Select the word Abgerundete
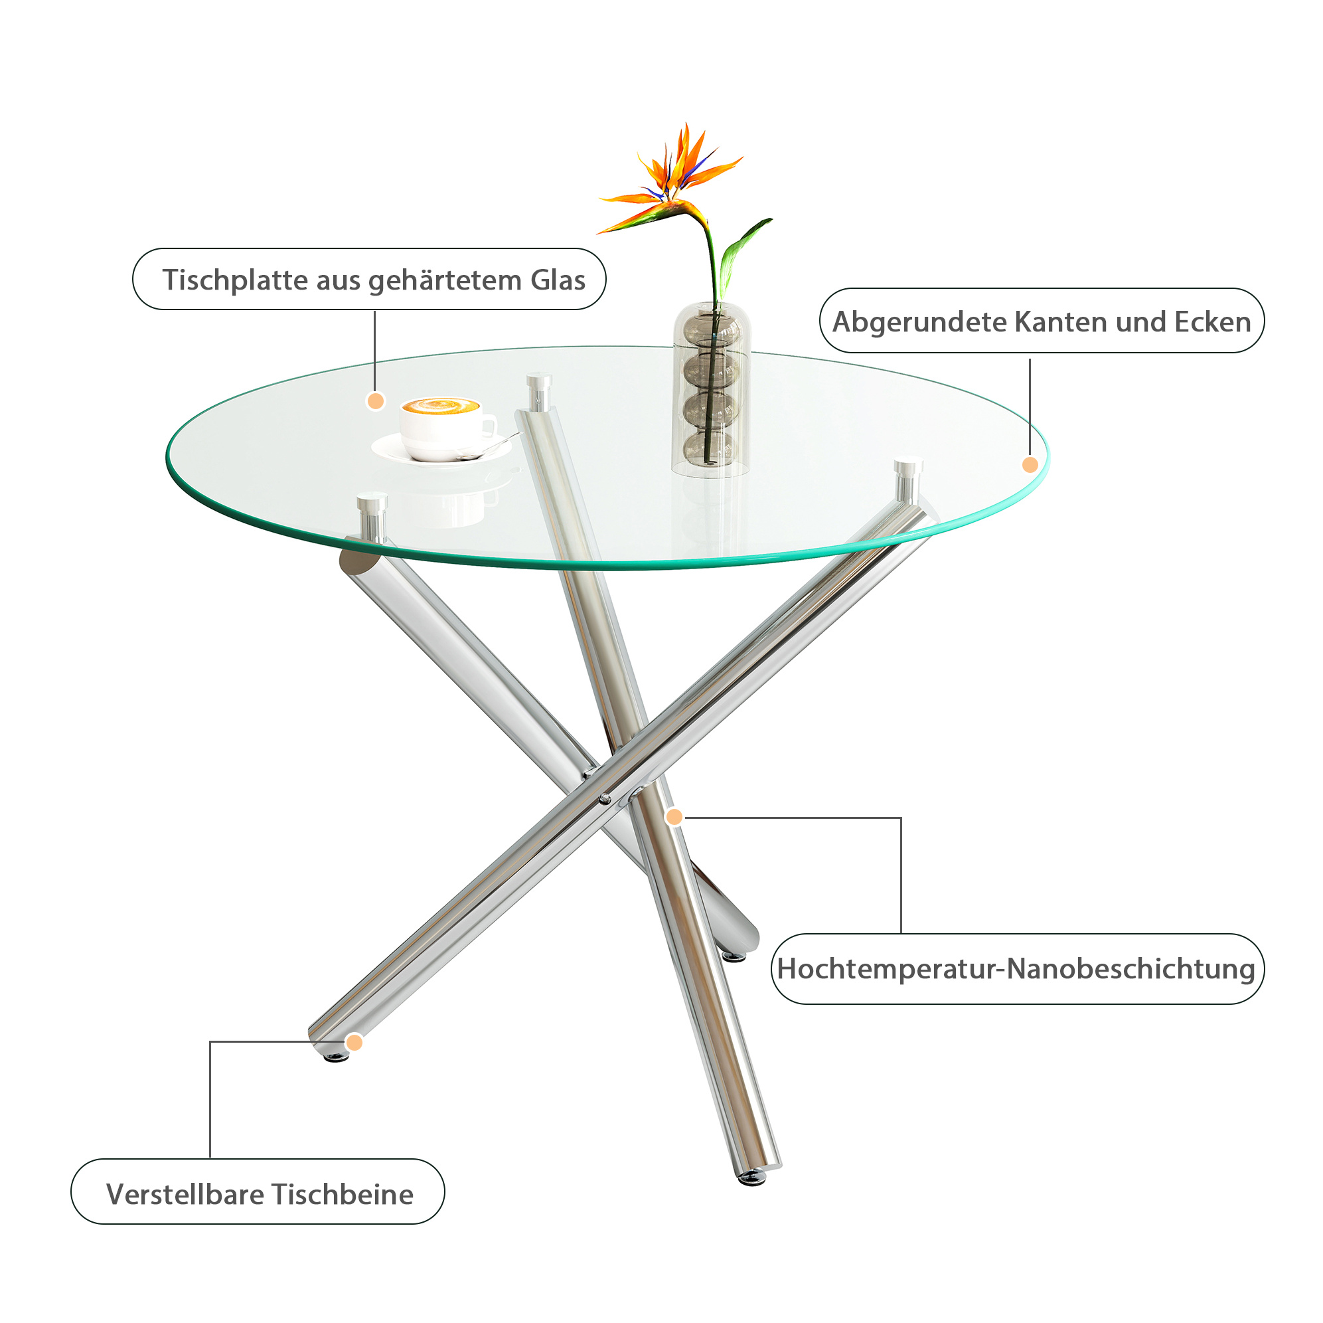919,322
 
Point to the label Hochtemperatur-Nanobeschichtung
1016,970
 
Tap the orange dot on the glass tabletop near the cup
376,400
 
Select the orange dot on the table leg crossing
674,817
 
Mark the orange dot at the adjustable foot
354,1043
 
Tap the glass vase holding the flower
712,389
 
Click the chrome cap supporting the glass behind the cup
539,391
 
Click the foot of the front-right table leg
752,1176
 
